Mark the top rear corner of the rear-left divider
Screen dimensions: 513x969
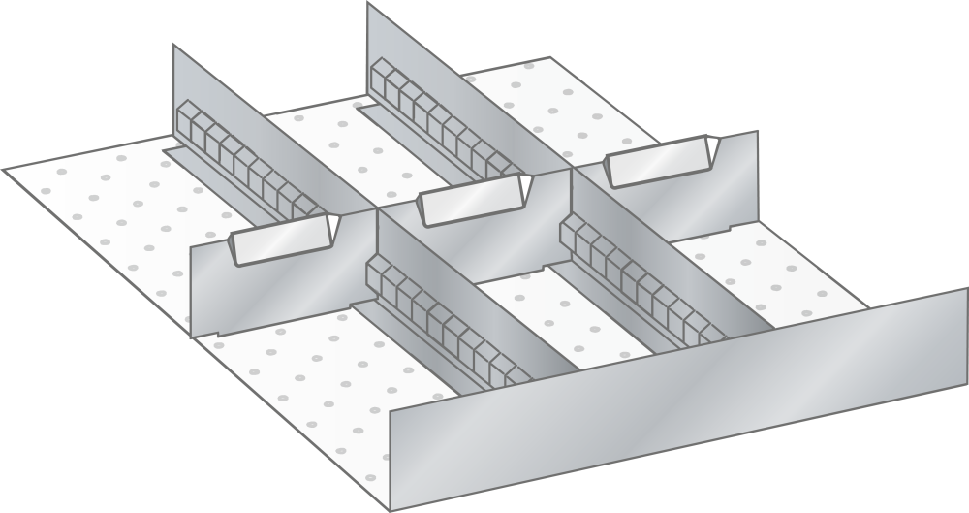(174, 46)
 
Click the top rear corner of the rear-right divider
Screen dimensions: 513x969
(368, 4)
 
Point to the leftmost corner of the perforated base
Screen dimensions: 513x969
(5, 171)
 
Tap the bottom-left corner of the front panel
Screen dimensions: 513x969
(391, 508)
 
